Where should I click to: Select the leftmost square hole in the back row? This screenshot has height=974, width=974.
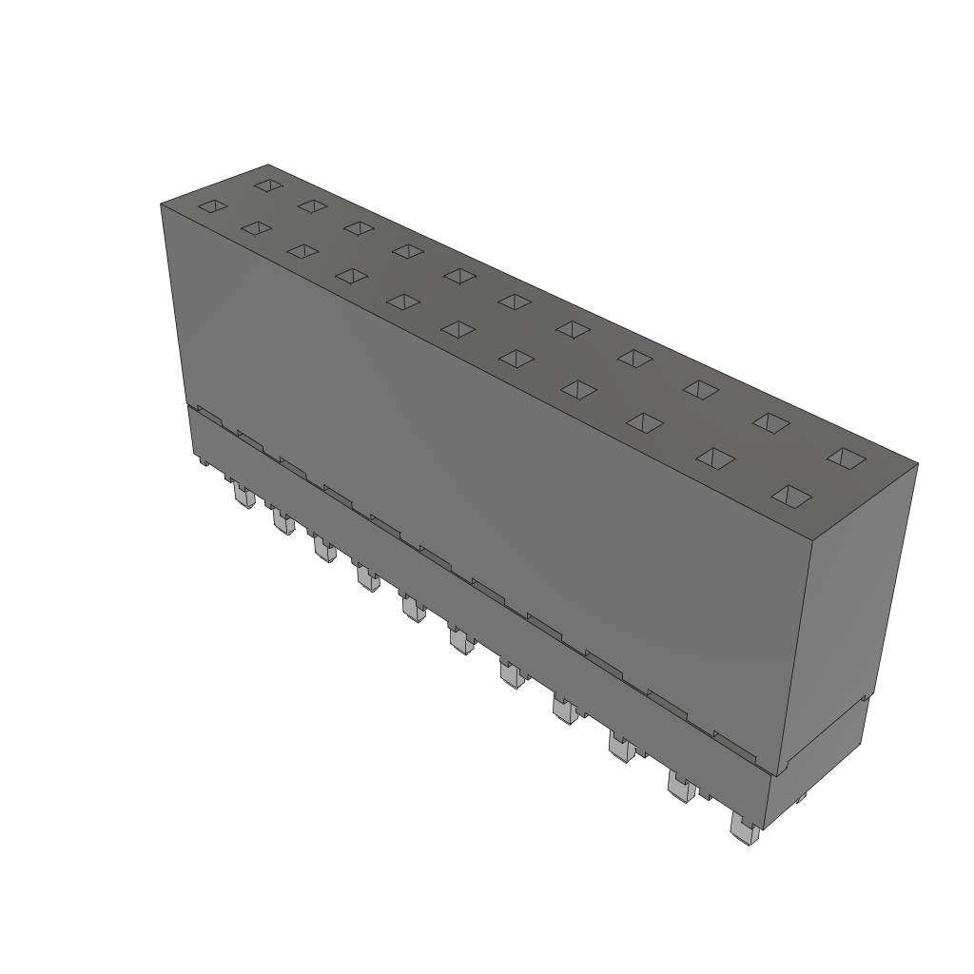[x=269, y=185]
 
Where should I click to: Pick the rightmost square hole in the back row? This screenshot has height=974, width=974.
[x=844, y=458]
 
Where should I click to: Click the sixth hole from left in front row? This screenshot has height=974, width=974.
[x=458, y=329]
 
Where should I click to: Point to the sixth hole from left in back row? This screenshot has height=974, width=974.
[x=514, y=302]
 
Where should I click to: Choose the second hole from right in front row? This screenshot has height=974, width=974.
[x=715, y=458]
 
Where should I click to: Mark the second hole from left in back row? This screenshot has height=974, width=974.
[x=311, y=205]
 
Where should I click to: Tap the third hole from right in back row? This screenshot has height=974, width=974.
[x=700, y=388]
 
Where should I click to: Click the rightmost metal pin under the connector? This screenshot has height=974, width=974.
[x=743, y=829]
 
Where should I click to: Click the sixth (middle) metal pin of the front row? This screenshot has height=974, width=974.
[x=461, y=644]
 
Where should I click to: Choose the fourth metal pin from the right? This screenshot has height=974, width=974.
[x=565, y=709]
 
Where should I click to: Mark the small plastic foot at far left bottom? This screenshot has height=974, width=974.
[x=204, y=461]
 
